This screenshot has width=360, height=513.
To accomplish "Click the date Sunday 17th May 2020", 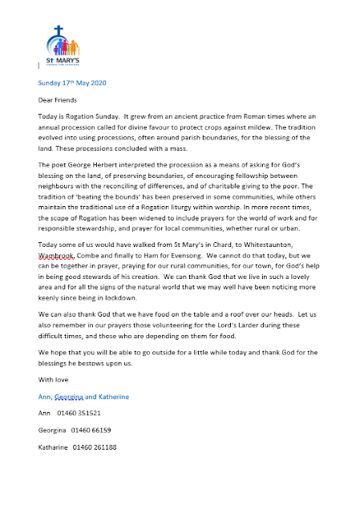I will [x=71, y=82].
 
